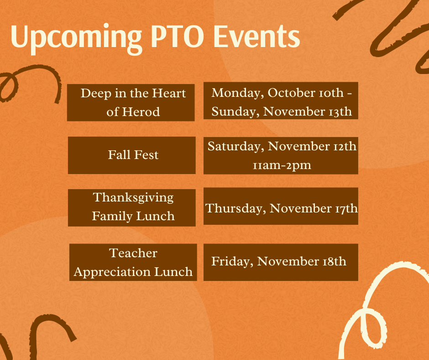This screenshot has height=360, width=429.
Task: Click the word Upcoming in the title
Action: click(76, 38)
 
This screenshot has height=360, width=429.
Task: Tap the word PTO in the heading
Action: click(177, 36)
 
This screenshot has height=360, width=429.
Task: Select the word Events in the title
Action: click(256, 36)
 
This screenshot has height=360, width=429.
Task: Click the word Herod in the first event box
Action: click(141, 112)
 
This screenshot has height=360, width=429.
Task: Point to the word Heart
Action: click(169, 93)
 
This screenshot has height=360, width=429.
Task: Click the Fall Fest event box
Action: click(131, 155)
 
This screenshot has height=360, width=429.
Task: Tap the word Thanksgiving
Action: click(133, 198)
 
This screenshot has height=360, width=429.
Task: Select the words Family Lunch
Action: click(133, 216)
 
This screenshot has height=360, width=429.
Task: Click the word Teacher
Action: click(133, 253)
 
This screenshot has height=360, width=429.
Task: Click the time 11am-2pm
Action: click(282, 165)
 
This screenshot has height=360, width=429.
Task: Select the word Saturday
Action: click(236, 147)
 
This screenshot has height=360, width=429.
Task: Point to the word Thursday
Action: click(235, 208)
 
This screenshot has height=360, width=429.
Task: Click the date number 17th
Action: click(346, 208)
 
